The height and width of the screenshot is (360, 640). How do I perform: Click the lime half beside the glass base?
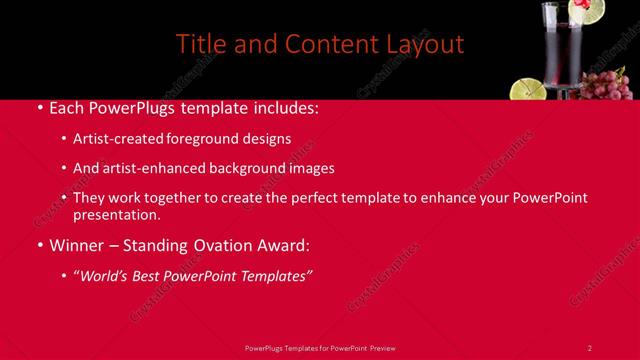point(528,89)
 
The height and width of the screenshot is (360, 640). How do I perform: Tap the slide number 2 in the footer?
point(589,347)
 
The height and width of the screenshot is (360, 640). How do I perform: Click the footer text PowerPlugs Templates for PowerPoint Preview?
point(319,347)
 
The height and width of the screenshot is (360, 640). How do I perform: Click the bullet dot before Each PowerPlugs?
point(38,106)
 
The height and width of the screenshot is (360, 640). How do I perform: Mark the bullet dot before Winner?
point(38,245)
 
